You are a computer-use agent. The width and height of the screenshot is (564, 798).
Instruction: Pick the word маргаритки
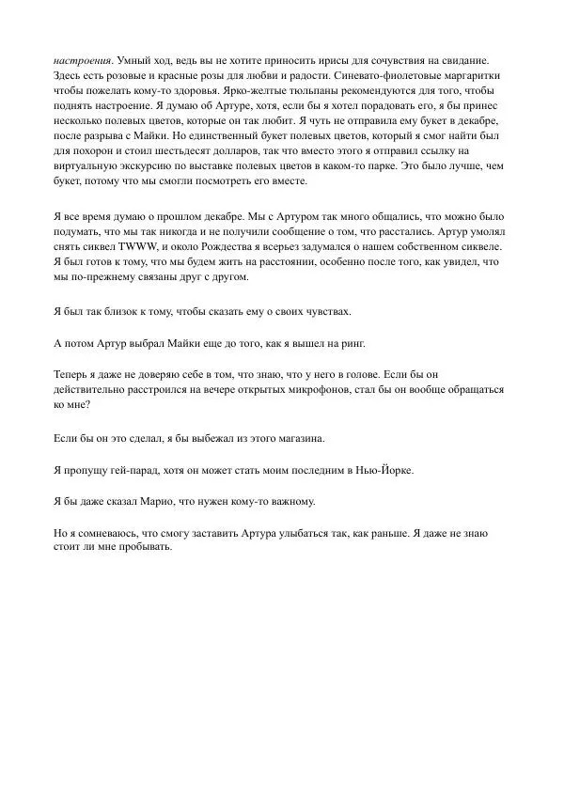tap(478, 75)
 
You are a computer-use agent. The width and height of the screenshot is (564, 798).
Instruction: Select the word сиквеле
tap(480, 250)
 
